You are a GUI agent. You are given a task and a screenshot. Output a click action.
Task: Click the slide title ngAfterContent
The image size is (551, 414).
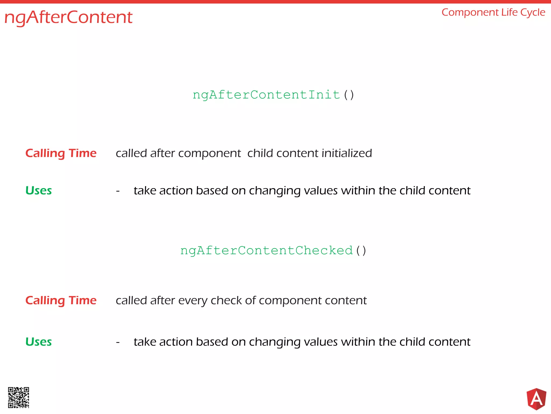coord(68,18)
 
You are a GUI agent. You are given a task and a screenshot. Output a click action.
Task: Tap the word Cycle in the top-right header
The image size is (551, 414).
coord(533,13)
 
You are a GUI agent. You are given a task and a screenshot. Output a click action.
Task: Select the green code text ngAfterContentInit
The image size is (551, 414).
coord(266,95)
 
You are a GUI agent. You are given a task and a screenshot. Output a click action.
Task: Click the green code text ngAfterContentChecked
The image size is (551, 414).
coord(266,250)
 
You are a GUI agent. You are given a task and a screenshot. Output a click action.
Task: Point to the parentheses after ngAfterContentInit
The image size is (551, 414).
coord(349,95)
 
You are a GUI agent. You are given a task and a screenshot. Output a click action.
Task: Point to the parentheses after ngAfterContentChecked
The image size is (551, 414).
coord(361,250)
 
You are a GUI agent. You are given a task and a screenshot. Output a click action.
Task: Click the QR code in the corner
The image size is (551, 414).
coord(19,398)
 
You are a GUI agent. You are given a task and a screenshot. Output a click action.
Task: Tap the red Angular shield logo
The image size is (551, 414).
coord(536,399)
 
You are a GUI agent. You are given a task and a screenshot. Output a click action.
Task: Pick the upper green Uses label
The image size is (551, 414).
coord(38,191)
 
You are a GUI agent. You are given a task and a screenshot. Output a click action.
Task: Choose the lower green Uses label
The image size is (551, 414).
coord(38,342)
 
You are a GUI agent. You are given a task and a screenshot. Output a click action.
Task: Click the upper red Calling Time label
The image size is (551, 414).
coord(61,153)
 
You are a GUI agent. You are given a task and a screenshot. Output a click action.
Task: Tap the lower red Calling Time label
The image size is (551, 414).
coord(61,300)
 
